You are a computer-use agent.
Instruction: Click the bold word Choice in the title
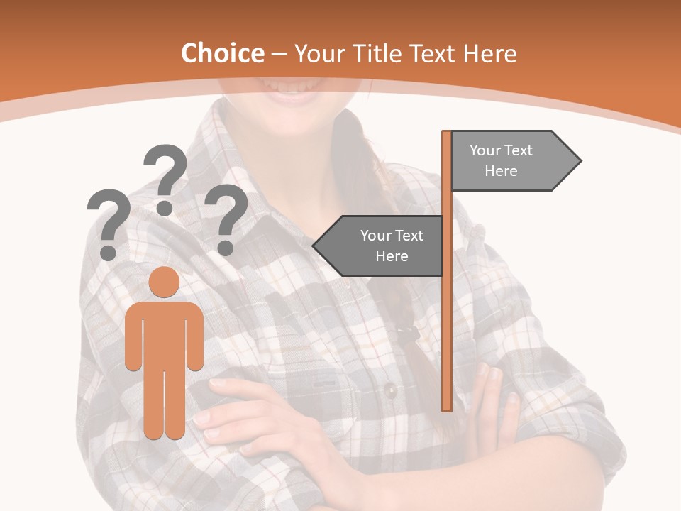222,53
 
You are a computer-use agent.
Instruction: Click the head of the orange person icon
165,282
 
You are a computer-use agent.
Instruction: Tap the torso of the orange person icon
165,334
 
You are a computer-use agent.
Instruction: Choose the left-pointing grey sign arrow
380,246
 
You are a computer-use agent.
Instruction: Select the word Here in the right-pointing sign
501,171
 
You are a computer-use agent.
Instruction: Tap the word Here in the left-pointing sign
392,256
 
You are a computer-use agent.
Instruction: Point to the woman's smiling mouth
293,91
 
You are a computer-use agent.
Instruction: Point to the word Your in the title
319,53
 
